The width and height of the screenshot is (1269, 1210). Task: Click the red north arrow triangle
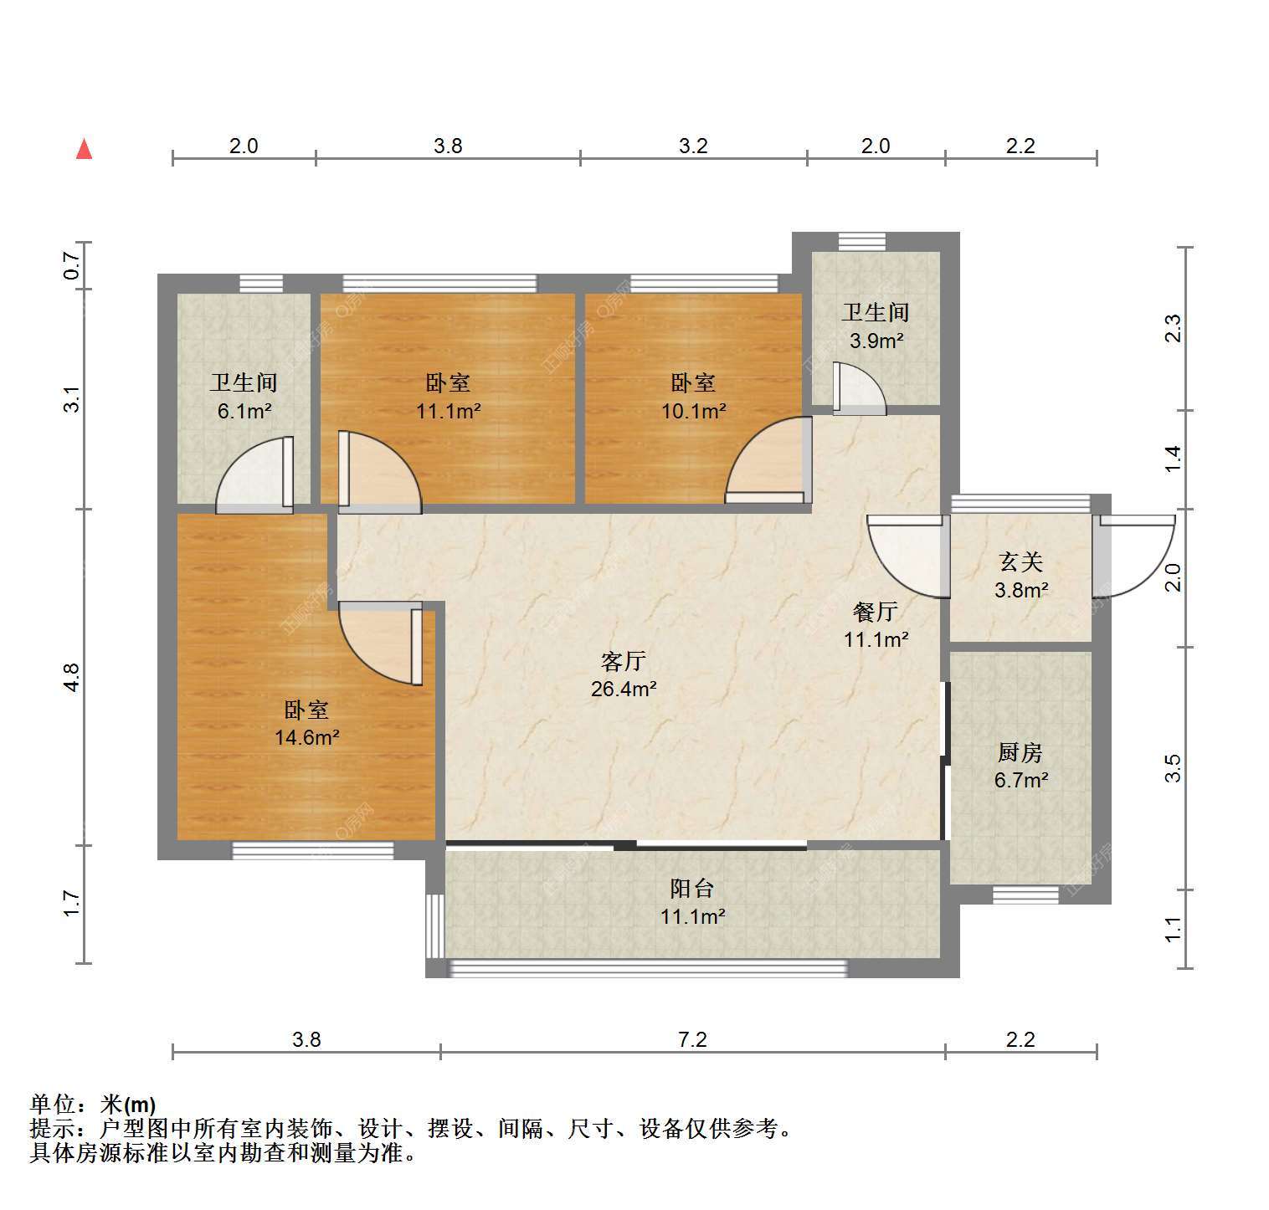click(x=84, y=149)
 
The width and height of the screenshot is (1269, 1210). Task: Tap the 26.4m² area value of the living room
click(x=624, y=690)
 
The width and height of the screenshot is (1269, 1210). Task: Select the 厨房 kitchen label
click(x=1020, y=753)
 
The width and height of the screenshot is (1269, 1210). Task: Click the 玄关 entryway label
click(x=1021, y=562)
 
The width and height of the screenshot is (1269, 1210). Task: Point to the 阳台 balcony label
click(x=692, y=889)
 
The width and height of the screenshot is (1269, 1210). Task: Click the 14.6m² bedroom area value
click(x=307, y=737)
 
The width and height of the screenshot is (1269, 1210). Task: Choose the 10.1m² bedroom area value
click(x=693, y=411)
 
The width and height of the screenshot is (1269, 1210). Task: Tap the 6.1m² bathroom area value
click(x=244, y=411)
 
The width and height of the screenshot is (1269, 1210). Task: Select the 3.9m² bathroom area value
click(x=876, y=341)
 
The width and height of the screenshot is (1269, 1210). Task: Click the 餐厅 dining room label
click(x=876, y=612)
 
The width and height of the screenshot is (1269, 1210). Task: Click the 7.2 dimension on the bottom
click(x=693, y=1039)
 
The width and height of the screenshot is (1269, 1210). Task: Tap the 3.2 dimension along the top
click(x=693, y=146)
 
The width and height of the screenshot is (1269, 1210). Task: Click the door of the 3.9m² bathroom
click(x=859, y=389)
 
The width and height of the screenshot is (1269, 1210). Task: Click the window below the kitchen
click(x=1020, y=895)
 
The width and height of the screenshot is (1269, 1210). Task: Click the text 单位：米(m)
click(x=93, y=1105)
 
